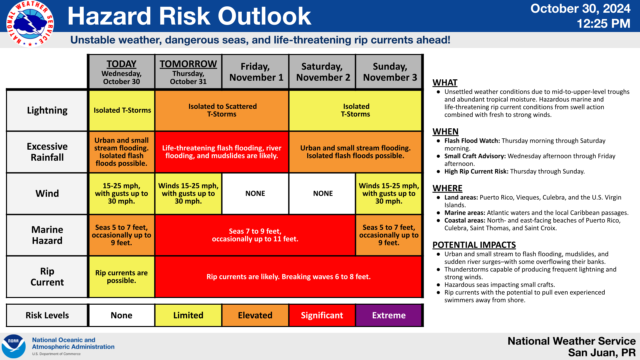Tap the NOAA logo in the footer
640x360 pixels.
coord(14,346)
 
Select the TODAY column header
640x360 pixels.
coord(122,72)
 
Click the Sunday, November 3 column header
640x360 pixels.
coord(389,72)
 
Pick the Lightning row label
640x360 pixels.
coord(47,110)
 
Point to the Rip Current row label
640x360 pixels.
coord(47,277)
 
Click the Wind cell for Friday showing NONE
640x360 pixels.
coord(255,193)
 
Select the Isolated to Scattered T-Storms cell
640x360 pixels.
coord(222,110)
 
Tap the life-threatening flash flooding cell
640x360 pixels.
coord(222,152)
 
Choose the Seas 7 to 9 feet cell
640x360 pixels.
coord(255,235)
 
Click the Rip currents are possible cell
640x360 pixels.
coord(122,277)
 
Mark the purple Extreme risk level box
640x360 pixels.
coord(389,315)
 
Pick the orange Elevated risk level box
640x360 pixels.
coord(255,315)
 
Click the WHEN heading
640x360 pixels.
coord(445,132)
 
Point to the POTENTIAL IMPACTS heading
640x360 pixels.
coord(474,245)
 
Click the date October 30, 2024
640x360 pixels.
coord(580,8)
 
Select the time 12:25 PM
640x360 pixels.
coord(603,24)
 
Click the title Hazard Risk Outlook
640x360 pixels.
coord(189,16)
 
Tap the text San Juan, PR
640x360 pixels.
coord(602,353)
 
